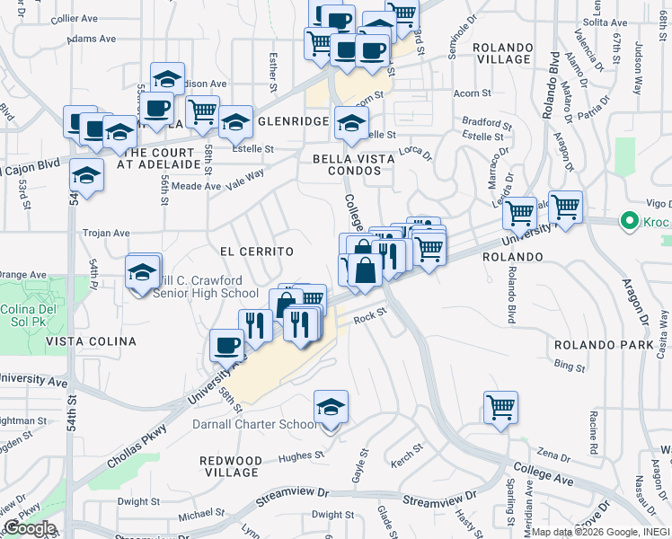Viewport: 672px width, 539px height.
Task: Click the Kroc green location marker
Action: pyautogui.click(x=632, y=221)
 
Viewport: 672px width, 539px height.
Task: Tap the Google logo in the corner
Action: pyautogui.click(x=29, y=528)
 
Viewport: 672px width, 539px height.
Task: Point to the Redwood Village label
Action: pyautogui.click(x=231, y=466)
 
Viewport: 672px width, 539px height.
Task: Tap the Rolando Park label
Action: pyautogui.click(x=594, y=345)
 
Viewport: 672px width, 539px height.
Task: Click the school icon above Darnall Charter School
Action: pyautogui.click(x=331, y=408)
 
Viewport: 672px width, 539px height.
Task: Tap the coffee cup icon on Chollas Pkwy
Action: pyautogui.click(x=226, y=346)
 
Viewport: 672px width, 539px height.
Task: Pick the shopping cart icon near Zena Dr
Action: pyautogui.click(x=500, y=406)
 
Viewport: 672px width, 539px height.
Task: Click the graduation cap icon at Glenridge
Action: pyautogui.click(x=235, y=123)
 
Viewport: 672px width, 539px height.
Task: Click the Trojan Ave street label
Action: pyautogui.click(x=106, y=233)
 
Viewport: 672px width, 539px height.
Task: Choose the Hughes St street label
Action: pyautogui.click(x=299, y=456)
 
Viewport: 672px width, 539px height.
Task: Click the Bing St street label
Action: pyautogui.click(x=569, y=366)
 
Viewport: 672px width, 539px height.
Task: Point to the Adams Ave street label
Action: pyautogui.click(x=92, y=39)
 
